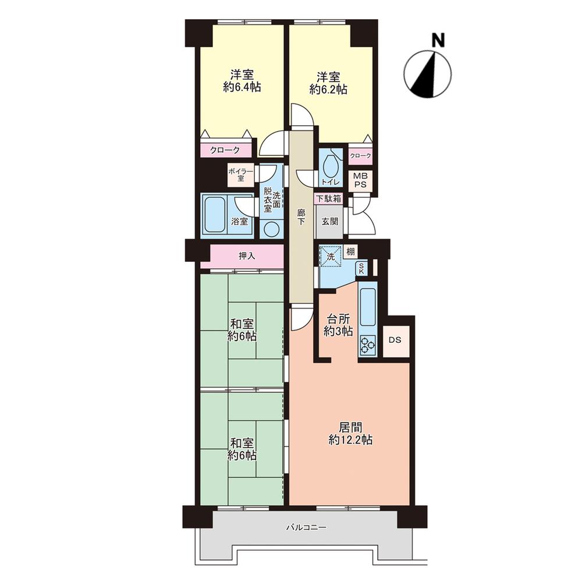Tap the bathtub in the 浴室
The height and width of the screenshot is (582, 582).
click(215, 215)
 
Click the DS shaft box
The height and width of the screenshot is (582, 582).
click(395, 340)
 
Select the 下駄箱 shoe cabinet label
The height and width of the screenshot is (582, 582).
click(328, 198)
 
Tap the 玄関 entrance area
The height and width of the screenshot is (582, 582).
click(329, 222)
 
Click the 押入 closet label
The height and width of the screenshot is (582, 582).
click(247, 256)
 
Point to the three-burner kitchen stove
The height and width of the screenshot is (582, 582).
click(367, 345)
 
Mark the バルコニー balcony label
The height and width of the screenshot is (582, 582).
click(306, 527)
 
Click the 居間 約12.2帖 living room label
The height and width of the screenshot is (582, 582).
click(350, 433)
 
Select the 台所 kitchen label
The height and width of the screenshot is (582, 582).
click(338, 318)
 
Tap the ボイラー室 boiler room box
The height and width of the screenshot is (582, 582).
click(241, 175)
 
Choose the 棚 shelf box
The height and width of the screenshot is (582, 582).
click(350, 251)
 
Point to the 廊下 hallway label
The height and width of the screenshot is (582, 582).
click(301, 218)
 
